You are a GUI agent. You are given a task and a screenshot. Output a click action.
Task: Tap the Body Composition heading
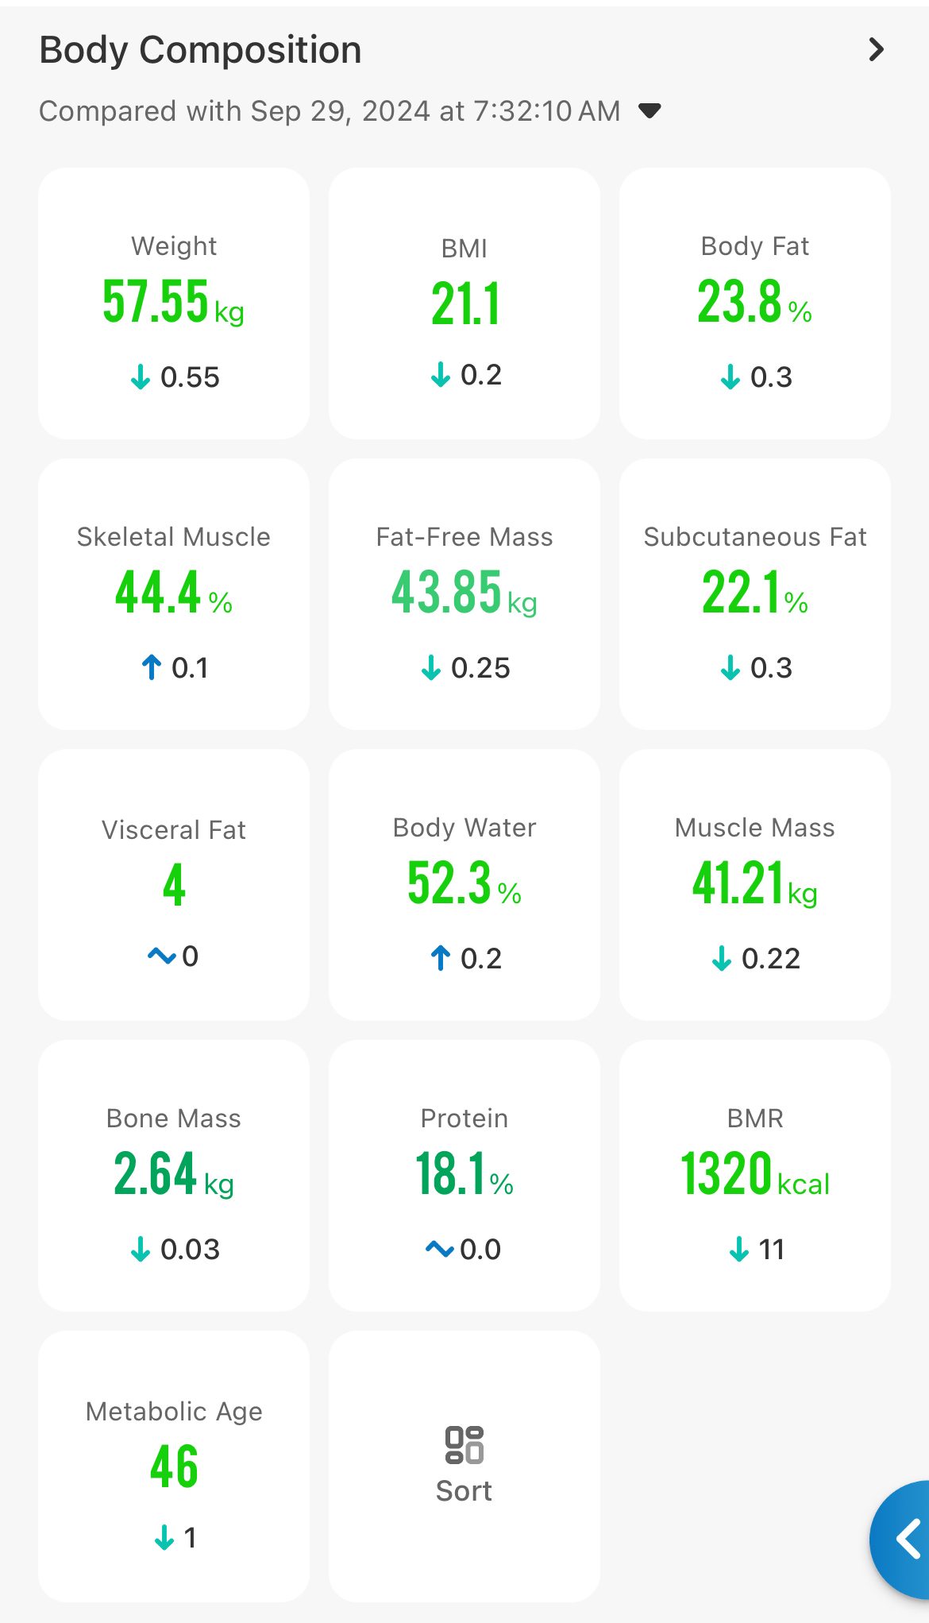(200, 50)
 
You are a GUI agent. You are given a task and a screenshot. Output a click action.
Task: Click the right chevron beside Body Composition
(876, 50)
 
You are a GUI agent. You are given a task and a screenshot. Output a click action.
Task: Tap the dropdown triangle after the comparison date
(650, 110)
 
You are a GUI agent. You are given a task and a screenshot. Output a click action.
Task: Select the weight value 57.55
(156, 302)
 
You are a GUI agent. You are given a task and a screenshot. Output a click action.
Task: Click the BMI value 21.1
(465, 304)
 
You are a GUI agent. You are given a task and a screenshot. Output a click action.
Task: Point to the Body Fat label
(754, 246)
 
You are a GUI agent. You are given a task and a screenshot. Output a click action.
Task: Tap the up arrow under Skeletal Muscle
(152, 667)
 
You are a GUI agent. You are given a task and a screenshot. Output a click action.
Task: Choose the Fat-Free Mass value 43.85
(447, 593)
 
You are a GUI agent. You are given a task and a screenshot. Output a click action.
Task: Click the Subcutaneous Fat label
(754, 537)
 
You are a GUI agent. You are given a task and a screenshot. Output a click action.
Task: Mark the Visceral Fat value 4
(174, 886)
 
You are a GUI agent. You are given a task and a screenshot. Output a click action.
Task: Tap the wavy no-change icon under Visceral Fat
(162, 956)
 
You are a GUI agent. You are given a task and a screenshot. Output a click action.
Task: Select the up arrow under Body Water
(441, 958)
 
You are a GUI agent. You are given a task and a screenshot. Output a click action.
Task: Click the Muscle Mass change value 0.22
(770, 959)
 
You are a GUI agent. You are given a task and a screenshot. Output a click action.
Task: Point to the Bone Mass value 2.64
(155, 1173)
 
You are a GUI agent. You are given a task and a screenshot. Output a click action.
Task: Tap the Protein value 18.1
(450, 1174)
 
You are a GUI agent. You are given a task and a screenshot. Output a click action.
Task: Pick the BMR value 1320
(727, 1174)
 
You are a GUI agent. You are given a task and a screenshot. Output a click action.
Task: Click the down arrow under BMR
(739, 1249)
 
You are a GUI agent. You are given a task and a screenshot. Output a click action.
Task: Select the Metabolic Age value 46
(174, 1466)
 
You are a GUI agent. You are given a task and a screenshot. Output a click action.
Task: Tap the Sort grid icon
(464, 1445)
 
